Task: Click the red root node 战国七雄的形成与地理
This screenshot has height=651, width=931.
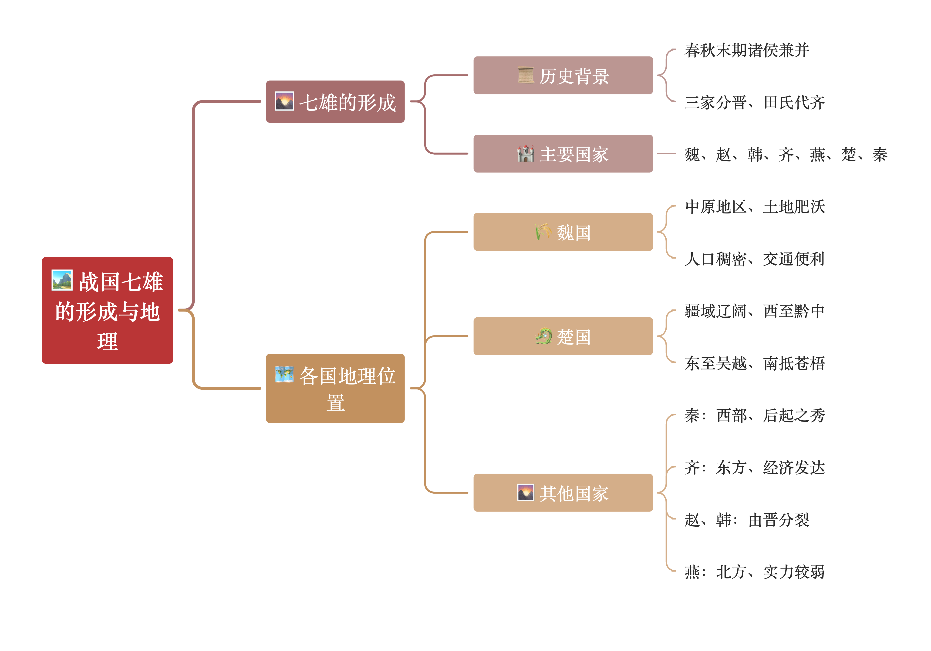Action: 108,310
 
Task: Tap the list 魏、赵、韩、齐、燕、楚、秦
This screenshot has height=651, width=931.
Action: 786,154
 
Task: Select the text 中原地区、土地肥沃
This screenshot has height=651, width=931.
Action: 755,207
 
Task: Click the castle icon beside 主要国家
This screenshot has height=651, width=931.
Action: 526,154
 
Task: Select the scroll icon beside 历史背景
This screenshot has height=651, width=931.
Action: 526,75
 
